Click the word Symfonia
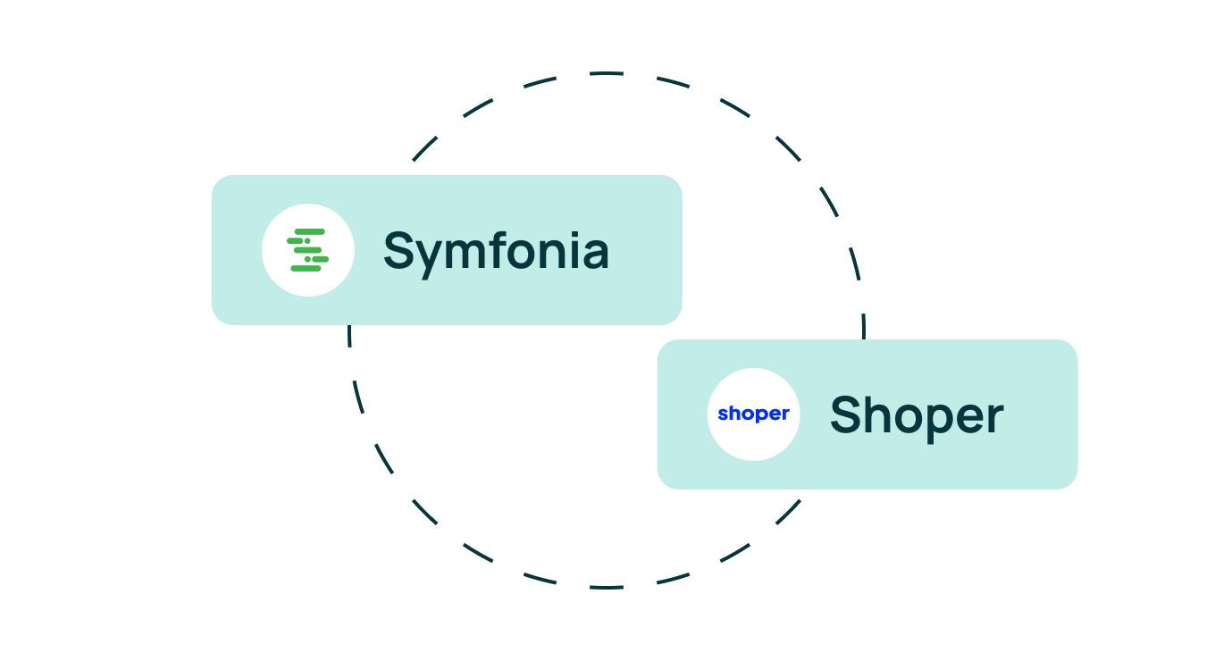pos(497,252)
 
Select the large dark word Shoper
pos(917,416)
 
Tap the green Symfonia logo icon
pos(307,250)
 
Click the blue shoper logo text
pos(753,414)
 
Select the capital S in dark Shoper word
pos(846,414)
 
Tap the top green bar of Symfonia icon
pos(310,231)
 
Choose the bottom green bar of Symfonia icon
pos(306,268)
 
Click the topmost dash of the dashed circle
pos(607,72)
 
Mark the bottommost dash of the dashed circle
pos(607,587)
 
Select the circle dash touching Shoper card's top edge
pos(864,326)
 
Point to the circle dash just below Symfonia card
pos(349,336)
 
